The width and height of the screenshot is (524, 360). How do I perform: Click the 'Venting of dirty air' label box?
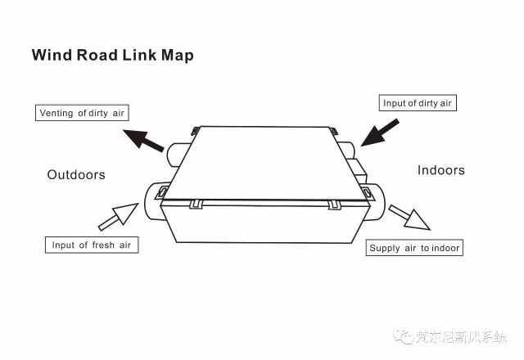coord(82,113)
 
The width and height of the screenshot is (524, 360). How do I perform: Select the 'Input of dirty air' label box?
coord(418,103)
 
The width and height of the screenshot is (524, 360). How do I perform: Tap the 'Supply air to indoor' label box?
coord(414,248)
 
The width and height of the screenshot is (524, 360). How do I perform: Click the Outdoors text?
coord(76,175)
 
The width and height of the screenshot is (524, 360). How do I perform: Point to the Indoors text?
coord(440,170)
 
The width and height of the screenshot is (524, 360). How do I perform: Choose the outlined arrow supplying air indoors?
coord(409,217)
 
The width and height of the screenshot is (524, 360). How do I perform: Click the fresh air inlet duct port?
coord(152,200)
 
